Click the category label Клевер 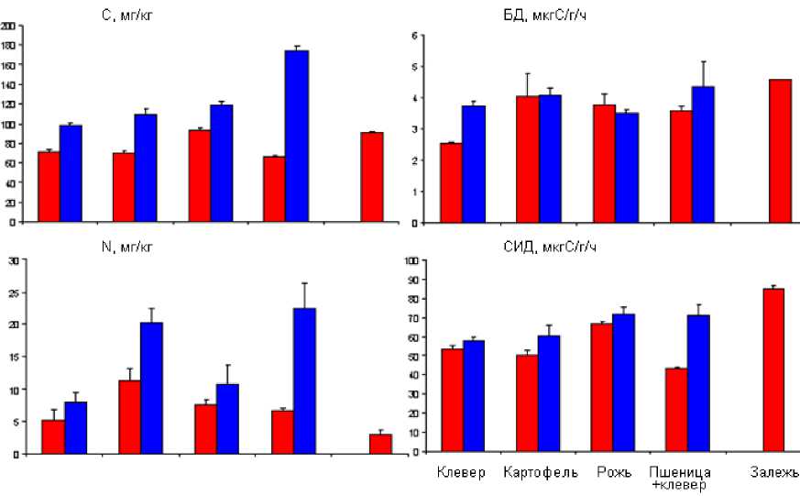coord(461,473)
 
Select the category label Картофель coord(540,473)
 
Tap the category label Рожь coord(614,473)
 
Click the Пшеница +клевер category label coord(679,478)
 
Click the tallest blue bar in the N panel coord(304,380)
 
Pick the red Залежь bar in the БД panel coord(780,150)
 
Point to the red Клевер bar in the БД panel coord(450,182)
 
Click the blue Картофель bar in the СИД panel coord(548,393)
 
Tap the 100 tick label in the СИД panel coord(411,261)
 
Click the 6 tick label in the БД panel coord(414,36)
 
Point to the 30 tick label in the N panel coord(12,261)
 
